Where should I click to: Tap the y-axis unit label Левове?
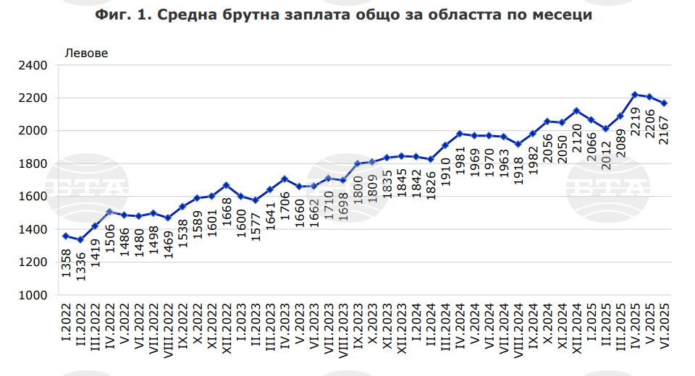point(87,53)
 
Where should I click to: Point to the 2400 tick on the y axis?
point(33,65)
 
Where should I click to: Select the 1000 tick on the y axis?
point(33,295)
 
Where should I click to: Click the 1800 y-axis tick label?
point(33,163)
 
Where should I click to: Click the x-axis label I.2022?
point(67,325)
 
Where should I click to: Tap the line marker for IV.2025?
point(634,95)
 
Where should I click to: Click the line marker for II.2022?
point(80,240)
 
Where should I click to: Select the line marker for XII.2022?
point(226,185)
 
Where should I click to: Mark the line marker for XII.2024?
point(576,111)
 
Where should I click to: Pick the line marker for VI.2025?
point(664,103)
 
